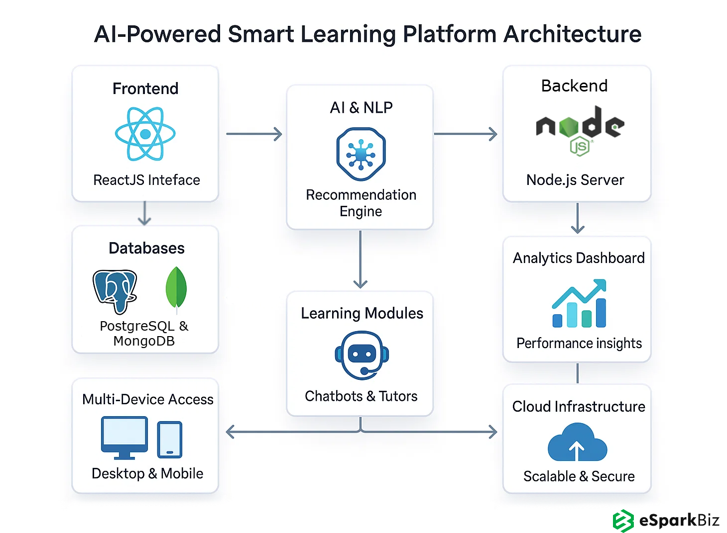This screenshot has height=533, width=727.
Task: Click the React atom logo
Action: (145, 134)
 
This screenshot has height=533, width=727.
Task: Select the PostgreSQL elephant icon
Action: (115, 291)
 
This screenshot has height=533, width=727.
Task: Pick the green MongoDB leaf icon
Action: (176, 289)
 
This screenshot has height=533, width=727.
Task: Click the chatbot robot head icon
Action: (362, 355)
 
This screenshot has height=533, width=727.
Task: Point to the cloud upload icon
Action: (577, 443)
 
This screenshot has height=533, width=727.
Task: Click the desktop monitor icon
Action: (124, 437)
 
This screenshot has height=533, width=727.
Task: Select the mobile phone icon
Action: (170, 440)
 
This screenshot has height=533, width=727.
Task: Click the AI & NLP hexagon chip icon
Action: (361, 154)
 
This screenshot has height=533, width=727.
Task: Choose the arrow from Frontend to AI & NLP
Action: (254, 134)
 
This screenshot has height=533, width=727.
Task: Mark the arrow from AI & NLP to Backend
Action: (466, 134)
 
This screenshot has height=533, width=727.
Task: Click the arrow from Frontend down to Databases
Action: (144, 213)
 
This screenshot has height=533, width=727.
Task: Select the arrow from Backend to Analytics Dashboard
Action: (578, 219)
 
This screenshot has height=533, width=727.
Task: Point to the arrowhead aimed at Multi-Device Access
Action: (231, 432)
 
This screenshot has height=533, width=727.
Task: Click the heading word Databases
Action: (146, 248)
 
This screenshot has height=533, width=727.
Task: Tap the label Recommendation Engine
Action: (361, 203)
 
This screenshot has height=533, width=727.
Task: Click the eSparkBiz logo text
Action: (679, 520)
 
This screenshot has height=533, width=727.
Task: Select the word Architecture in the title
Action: (572, 34)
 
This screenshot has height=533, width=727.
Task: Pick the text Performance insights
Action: (579, 343)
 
